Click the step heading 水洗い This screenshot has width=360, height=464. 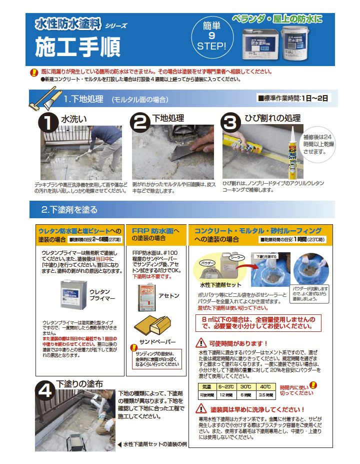coord(73,119)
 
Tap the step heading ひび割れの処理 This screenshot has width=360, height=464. coord(272,119)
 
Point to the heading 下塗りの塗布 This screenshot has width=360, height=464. coord(79,384)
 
